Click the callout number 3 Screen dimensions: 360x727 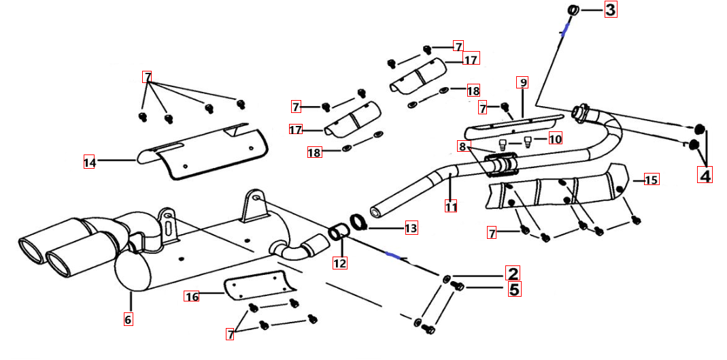pyautogui.click(x=610, y=10)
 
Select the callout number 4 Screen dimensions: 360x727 pyautogui.click(x=705, y=176)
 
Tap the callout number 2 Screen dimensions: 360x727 pyautogui.click(x=512, y=274)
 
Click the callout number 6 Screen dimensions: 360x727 pyautogui.click(x=128, y=318)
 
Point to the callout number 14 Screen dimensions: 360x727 pyautogui.click(x=90, y=162)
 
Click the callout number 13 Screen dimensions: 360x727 pyautogui.click(x=411, y=229)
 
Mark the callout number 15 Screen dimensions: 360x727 pyautogui.click(x=652, y=180)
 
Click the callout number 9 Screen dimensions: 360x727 pyautogui.click(x=522, y=82)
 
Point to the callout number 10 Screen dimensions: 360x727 pyautogui.click(x=555, y=140)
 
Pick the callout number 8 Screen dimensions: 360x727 pyautogui.click(x=462, y=146)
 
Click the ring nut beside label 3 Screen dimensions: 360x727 pyautogui.click(x=573, y=10)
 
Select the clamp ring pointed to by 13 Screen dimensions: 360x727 pyautogui.click(x=358, y=221)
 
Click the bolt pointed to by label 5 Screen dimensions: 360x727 pyautogui.click(x=458, y=287)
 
